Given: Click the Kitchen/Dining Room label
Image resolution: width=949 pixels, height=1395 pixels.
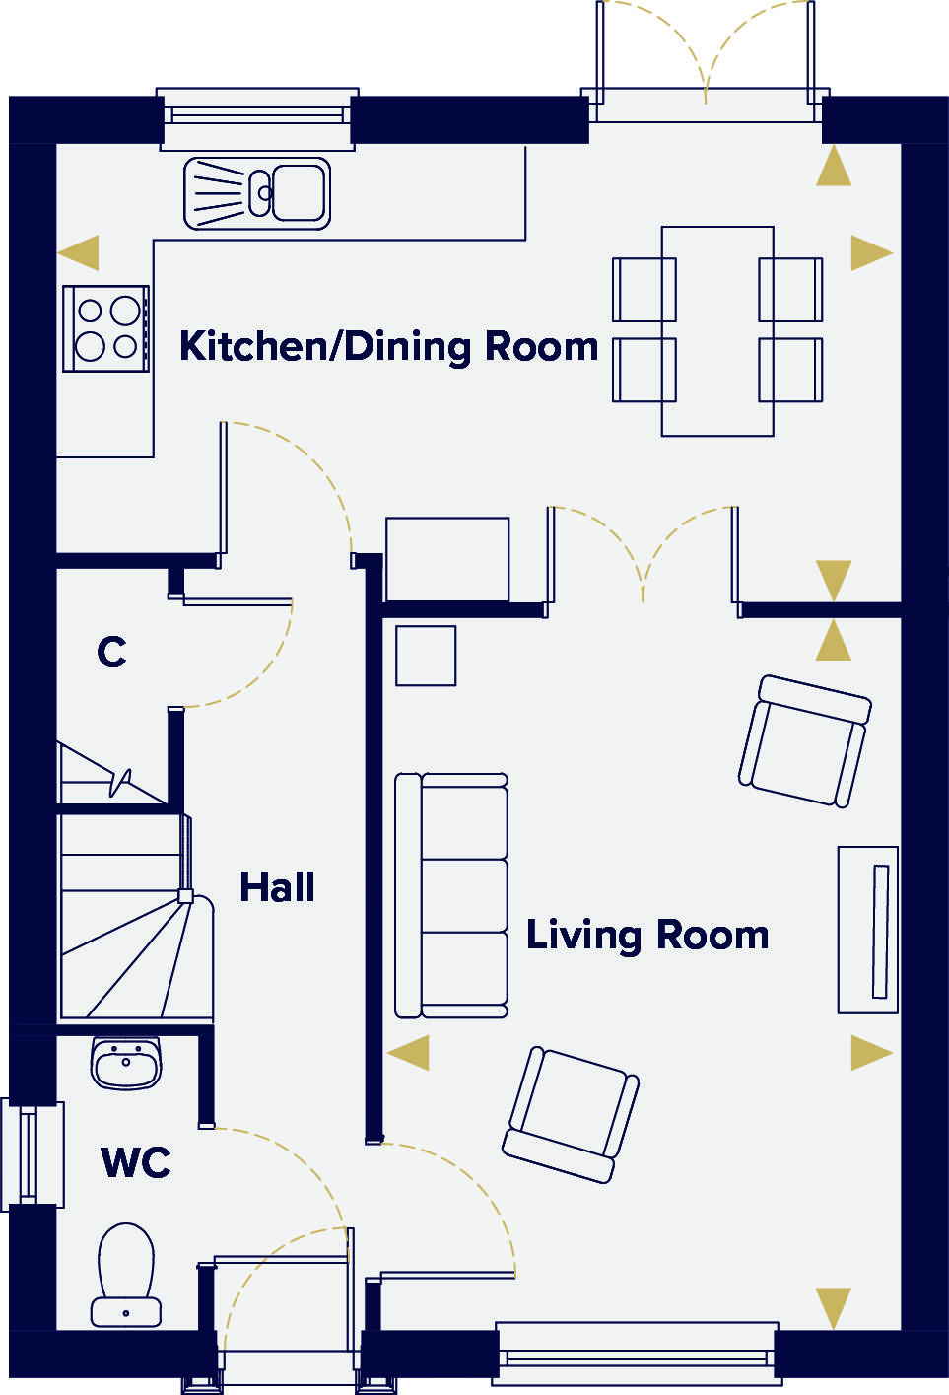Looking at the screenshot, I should [388, 347].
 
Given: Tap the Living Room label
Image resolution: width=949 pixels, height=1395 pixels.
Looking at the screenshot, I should [646, 935].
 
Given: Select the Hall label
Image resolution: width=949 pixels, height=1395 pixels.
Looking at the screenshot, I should [277, 887].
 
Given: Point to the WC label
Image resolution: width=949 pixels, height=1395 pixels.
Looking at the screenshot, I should [136, 1163].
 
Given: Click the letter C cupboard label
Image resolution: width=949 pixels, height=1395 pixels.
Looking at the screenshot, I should [111, 652].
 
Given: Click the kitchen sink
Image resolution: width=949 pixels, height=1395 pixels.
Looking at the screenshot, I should [257, 193].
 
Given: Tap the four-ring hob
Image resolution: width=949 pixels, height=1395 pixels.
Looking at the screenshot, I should [106, 328].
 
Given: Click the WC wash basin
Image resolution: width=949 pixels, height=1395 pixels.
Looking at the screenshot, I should [126, 1063].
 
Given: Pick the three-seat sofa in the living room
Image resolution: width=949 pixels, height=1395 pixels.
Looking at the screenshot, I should [452, 895].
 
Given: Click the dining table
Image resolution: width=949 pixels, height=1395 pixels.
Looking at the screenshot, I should [717, 330].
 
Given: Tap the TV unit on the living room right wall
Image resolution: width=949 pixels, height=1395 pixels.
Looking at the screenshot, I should [868, 929].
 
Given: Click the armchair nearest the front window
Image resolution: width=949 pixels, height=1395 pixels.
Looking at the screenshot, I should [572, 1113].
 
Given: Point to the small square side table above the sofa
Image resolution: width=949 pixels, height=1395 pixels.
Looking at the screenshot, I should [426, 656].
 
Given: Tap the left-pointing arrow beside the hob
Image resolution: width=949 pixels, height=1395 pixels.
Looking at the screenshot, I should [79, 252].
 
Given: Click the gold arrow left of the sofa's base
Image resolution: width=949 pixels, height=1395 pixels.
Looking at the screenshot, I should [408, 1052].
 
